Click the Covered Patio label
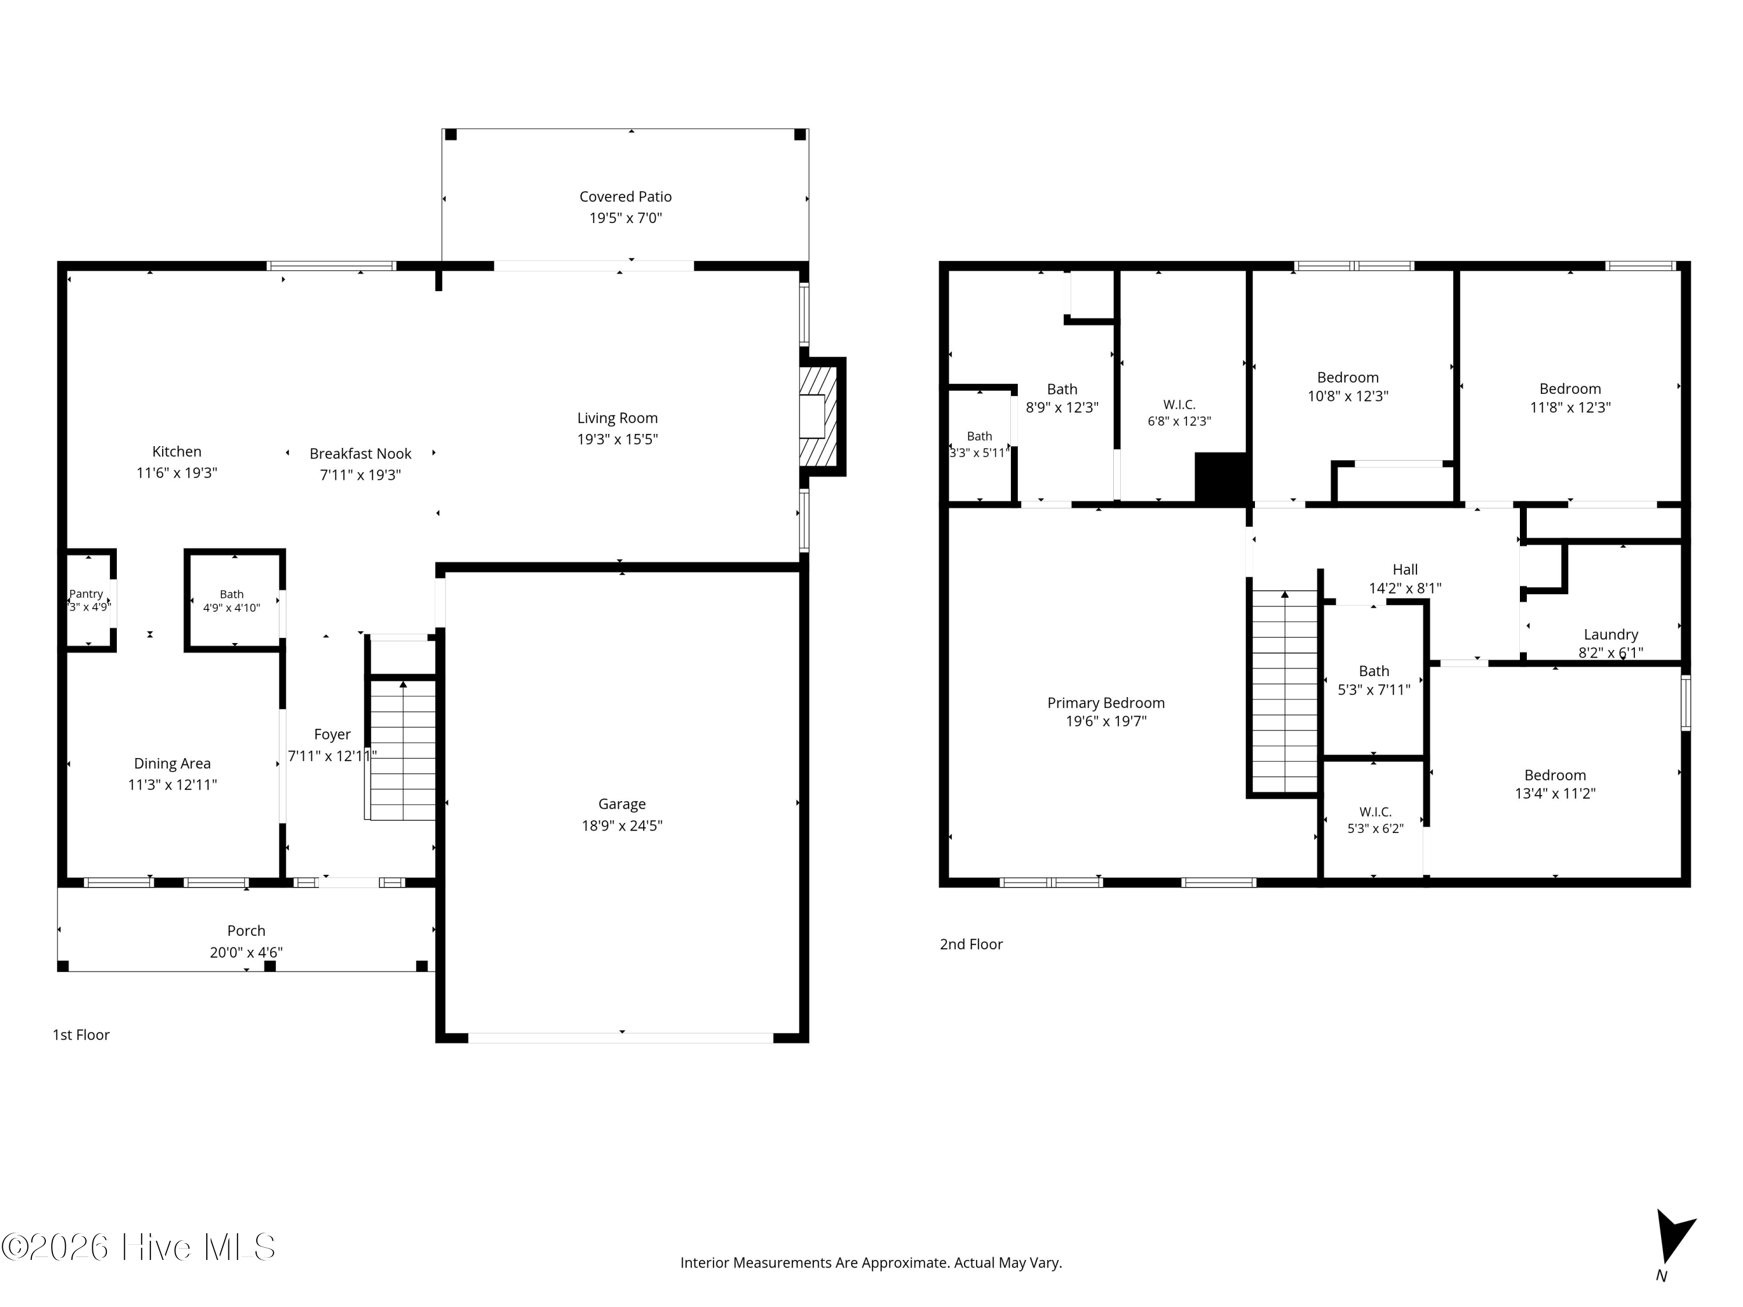coord(626,197)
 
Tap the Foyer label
coord(332,734)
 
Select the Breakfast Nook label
coord(360,454)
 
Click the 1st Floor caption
coord(81,1035)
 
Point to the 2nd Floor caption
coord(971,945)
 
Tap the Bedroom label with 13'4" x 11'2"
coord(1555,776)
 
